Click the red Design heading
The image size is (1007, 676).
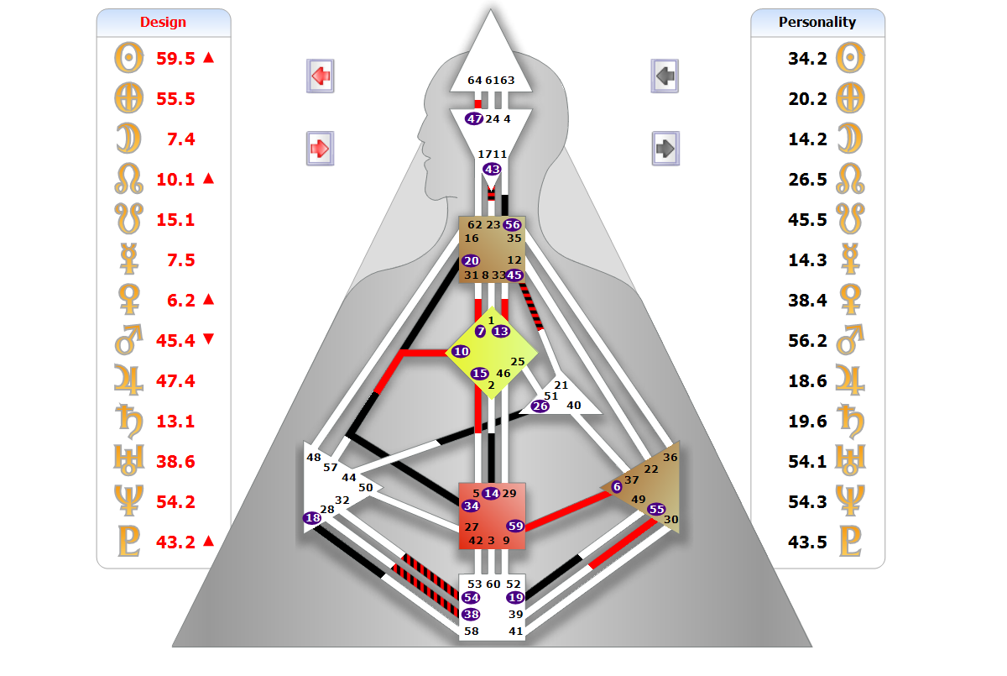163,22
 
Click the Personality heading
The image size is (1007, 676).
817,22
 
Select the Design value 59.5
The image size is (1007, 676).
175,58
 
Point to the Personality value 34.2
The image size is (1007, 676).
807,58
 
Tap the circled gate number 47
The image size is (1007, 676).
474,118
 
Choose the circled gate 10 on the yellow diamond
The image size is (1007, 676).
461,352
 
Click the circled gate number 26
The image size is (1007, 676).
540,406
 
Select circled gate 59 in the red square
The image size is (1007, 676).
515,527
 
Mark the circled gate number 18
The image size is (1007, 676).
313,518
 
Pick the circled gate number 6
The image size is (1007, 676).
617,486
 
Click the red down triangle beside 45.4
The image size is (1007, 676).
209,339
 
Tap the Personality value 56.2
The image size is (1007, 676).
807,340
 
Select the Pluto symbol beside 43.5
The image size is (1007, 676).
851,542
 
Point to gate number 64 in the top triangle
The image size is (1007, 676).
475,81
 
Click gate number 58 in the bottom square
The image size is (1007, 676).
472,631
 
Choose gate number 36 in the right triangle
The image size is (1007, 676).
670,458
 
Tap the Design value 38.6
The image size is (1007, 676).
175,461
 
